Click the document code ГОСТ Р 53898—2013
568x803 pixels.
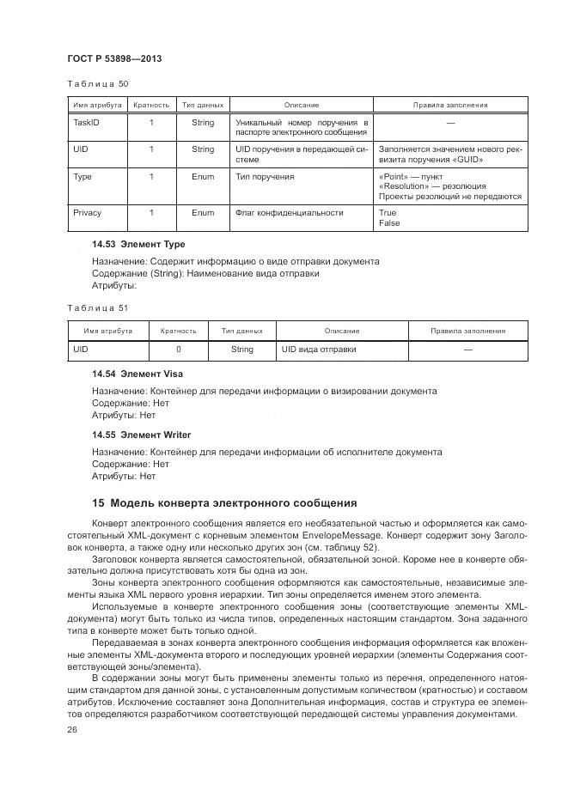tap(113, 58)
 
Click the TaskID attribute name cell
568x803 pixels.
tap(87, 123)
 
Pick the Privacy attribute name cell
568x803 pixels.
tap(88, 212)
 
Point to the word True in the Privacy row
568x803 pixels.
tap(388, 212)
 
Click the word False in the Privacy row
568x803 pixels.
tap(389, 222)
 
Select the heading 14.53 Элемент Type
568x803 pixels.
tap(138, 245)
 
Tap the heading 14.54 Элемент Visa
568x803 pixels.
tap(137, 374)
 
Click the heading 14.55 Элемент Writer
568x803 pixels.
tap(142, 435)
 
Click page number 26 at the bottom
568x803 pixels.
tap(72, 730)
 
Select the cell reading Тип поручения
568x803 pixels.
tap(265, 176)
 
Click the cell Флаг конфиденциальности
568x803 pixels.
tap(290, 212)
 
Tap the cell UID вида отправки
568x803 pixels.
tap(319, 350)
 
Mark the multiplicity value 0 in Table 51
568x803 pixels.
tap(179, 350)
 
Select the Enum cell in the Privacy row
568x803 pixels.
tap(203, 212)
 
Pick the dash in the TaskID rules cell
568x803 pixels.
tap(450, 123)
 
